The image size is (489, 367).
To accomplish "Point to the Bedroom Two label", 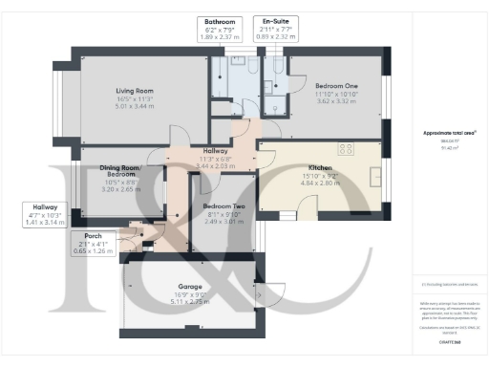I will [x=223, y=206].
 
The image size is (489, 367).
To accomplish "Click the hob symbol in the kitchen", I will [x=345, y=149].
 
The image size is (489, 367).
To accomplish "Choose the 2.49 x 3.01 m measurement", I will [x=223, y=223].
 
